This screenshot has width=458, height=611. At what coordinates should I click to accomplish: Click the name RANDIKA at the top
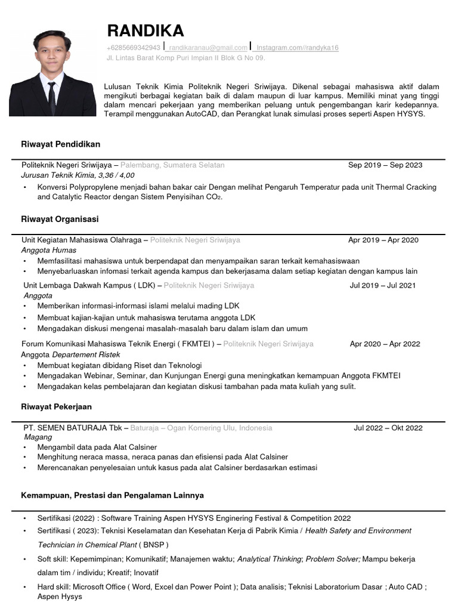[x=146, y=30]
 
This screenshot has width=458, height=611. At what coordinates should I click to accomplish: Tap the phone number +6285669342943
[x=134, y=48]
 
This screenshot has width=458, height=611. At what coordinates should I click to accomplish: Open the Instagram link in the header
[x=296, y=48]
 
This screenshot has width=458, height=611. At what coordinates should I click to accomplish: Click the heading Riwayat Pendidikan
[x=61, y=144]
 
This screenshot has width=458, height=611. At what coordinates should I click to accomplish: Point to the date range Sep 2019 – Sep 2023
[x=385, y=165]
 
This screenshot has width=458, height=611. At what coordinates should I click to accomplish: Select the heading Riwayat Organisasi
[x=60, y=220]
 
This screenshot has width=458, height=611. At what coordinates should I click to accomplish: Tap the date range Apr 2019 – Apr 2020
[x=383, y=240]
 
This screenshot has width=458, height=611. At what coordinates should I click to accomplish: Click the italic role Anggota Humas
[x=48, y=250]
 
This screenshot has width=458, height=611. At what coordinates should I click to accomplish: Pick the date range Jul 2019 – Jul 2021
[x=382, y=286]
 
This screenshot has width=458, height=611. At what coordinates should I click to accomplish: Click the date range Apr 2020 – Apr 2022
[x=385, y=344]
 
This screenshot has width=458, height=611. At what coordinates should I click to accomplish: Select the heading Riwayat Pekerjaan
[x=58, y=407]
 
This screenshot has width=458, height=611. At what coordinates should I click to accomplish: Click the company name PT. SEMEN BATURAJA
[x=65, y=428]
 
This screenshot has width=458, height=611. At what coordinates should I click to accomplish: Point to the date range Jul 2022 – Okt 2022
[x=388, y=428]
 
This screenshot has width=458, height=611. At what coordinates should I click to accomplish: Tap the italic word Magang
[x=38, y=437]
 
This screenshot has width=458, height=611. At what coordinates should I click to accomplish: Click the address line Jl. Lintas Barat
[x=185, y=58]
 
